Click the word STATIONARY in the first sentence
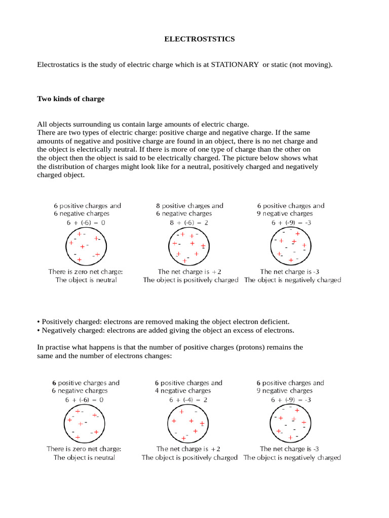(235, 65)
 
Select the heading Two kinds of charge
(71, 99)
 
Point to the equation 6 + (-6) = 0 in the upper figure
(87, 222)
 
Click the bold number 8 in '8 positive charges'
(158, 206)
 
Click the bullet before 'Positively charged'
(39, 322)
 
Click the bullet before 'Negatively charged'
(39, 330)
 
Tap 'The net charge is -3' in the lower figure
(289, 449)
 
